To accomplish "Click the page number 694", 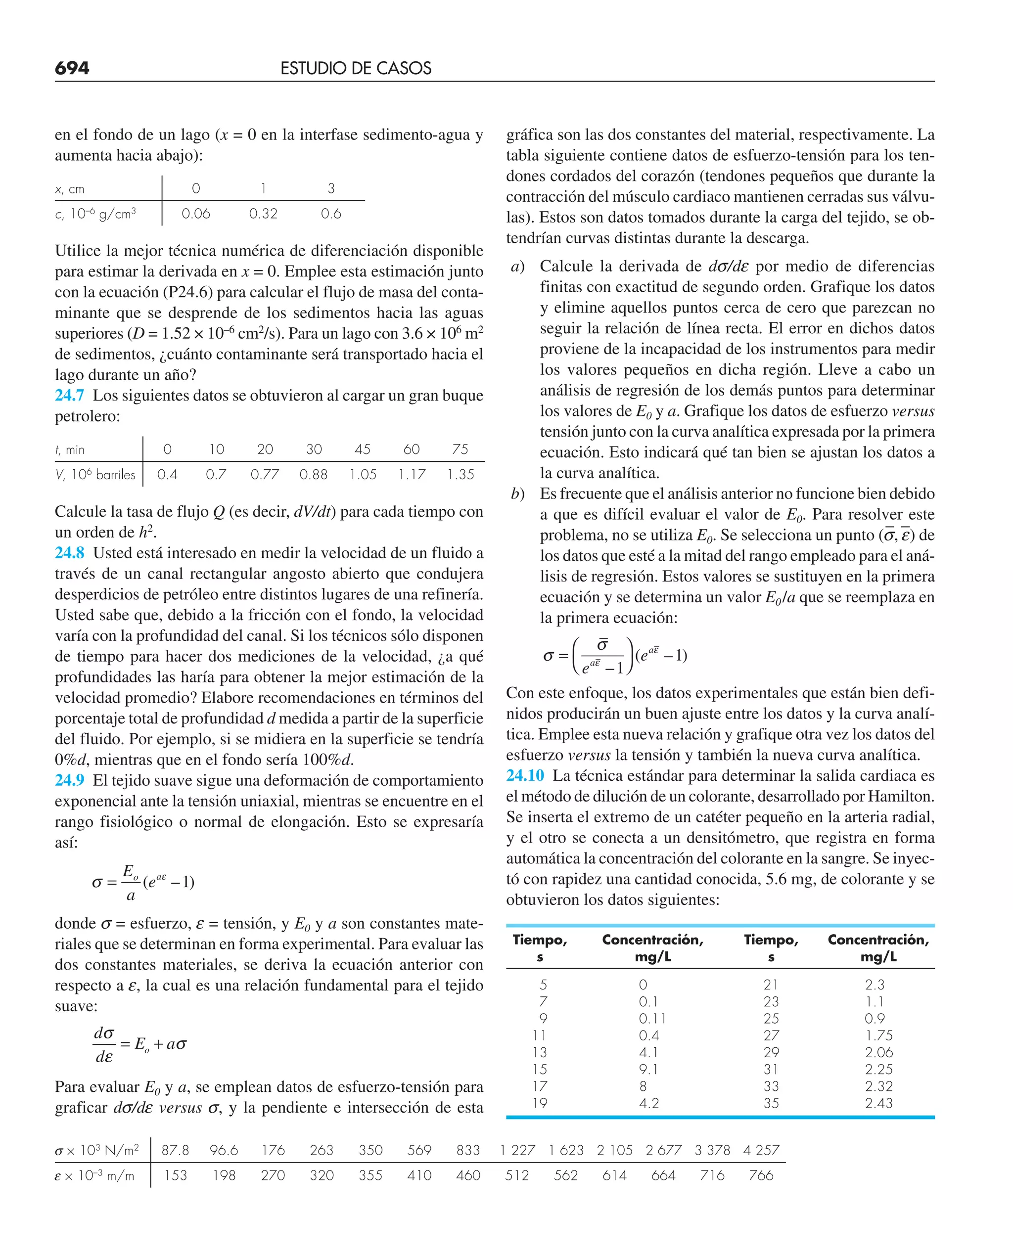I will (72, 68).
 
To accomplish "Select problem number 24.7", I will (69, 396).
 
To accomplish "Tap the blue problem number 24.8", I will (69, 553).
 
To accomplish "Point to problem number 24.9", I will (69, 780).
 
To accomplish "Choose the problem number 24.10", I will (525, 775).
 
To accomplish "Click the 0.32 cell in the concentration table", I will (263, 214).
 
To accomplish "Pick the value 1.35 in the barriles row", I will (460, 475).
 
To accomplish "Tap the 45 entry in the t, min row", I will (363, 449).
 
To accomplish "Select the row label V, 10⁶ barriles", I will (95, 475).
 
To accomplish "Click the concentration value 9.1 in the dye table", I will (648, 1069).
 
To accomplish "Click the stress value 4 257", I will (761, 1150).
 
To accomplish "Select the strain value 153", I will (175, 1175).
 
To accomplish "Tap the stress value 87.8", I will (175, 1150).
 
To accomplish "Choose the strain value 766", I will (761, 1175).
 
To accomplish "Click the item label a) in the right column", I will (517, 267).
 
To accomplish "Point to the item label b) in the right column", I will (517, 494).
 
